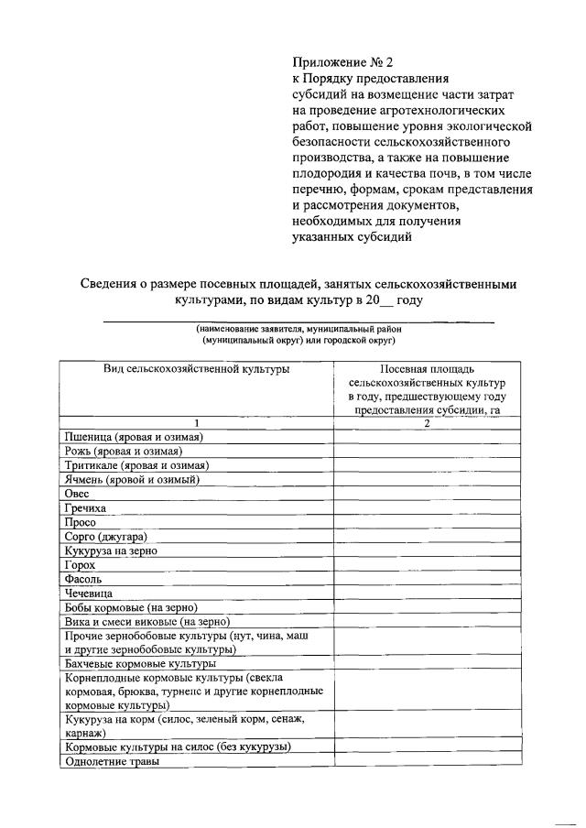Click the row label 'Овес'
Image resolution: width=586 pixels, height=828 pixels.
click(77, 494)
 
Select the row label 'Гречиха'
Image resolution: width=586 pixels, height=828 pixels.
click(85, 507)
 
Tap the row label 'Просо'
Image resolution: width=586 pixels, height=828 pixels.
click(81, 522)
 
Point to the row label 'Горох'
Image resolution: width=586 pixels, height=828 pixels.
click(81, 565)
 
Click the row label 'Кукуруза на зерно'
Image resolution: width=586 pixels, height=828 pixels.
click(112, 550)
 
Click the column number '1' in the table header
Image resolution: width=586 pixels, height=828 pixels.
click(196, 422)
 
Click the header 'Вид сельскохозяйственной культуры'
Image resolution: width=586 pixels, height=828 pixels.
click(196, 368)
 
